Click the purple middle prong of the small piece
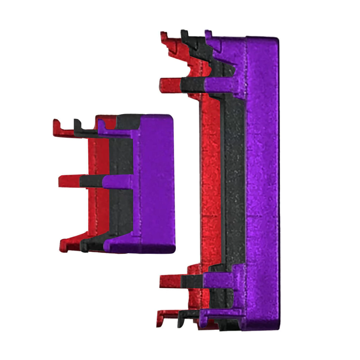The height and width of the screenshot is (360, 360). (118, 182)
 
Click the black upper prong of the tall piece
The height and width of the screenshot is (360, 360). (192, 84)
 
